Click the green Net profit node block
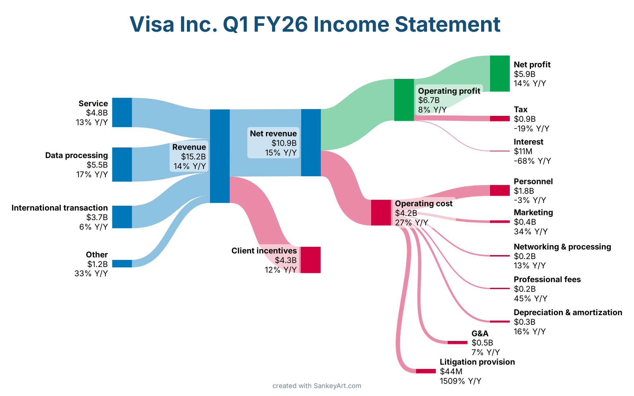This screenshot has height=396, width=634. [x=500, y=73]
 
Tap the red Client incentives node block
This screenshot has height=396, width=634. [x=310, y=260]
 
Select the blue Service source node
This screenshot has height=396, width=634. [x=122, y=112]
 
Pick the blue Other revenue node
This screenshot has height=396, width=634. [x=122, y=263]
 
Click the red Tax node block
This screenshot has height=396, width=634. [x=500, y=118]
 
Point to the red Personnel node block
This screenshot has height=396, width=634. [x=500, y=190]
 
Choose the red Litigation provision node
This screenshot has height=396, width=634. [x=426, y=371]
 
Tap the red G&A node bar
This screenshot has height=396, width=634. [x=457, y=343]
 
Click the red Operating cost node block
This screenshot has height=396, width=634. [x=381, y=213]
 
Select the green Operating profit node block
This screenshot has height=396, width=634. [x=404, y=100]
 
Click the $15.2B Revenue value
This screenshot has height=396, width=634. [x=193, y=157]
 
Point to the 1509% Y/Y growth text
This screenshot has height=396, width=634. [x=460, y=381]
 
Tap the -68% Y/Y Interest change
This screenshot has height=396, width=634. [x=532, y=161]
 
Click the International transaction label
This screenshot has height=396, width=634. [x=59, y=208]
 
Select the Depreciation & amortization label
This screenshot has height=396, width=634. [x=568, y=313]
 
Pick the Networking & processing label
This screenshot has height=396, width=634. [x=562, y=247]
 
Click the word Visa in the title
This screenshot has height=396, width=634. [x=152, y=24]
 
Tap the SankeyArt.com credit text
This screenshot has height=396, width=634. [x=337, y=386]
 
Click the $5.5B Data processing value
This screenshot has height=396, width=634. [x=97, y=165]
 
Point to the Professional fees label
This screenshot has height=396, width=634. [x=547, y=280]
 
